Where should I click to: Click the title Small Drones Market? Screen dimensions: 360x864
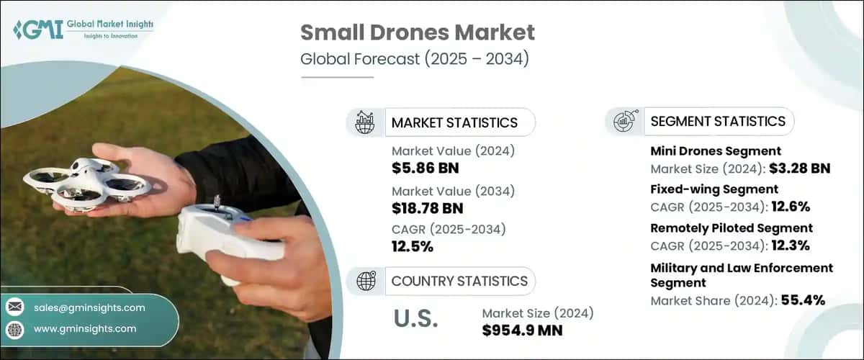click(x=418, y=32)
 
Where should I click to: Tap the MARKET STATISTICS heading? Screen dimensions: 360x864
click(x=454, y=122)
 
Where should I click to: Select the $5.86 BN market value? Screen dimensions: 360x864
click(x=426, y=168)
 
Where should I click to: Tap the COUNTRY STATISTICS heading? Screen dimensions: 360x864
click(x=459, y=281)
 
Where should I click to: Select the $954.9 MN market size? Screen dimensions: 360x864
click(x=522, y=330)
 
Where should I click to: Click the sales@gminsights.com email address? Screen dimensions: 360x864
click(x=89, y=307)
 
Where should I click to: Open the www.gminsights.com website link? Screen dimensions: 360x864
click(x=85, y=329)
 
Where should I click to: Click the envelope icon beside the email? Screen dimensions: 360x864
click(x=15, y=307)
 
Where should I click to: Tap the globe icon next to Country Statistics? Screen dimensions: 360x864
click(x=366, y=281)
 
